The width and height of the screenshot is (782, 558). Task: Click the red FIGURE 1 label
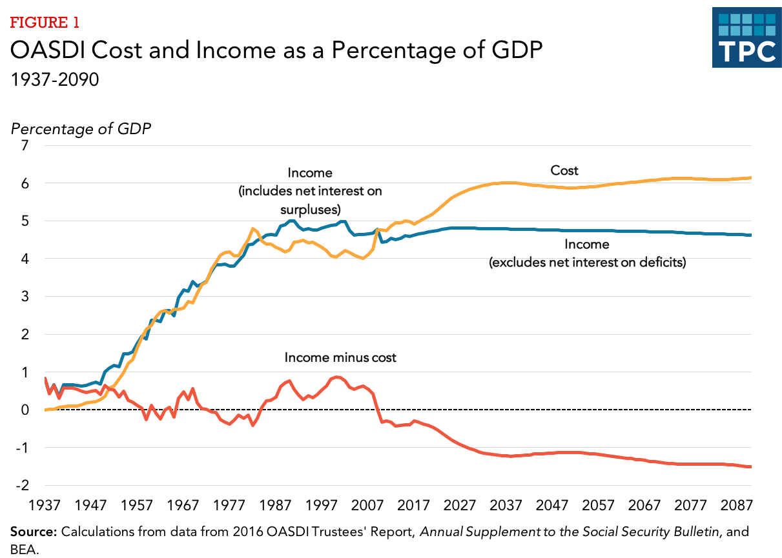45,23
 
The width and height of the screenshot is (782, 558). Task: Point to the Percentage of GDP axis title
81,128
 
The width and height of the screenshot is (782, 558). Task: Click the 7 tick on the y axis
25,146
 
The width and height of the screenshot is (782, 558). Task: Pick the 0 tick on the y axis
25,410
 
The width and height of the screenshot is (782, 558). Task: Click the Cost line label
564,171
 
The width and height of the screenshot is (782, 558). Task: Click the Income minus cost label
340,357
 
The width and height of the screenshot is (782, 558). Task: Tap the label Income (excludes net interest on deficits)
586,254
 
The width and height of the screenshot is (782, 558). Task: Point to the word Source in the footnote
34,532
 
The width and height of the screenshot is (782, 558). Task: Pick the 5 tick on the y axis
25,221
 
